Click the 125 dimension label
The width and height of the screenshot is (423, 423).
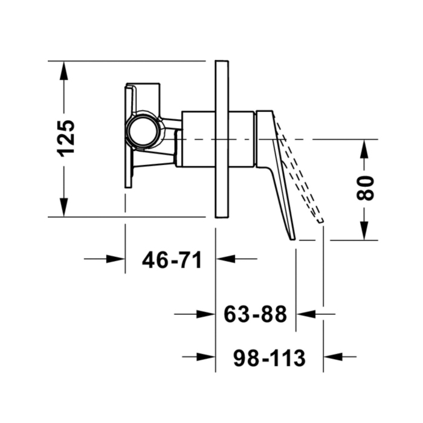65,138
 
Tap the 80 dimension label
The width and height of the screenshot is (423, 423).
365,188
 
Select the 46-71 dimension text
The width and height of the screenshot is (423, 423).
172,260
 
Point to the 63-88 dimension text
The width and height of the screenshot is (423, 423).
255,314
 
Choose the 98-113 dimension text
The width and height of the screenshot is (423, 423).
270,358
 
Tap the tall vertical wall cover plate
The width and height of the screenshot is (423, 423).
222,139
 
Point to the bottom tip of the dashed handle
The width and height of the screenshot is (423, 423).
320,221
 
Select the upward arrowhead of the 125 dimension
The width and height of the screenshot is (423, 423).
63,70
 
